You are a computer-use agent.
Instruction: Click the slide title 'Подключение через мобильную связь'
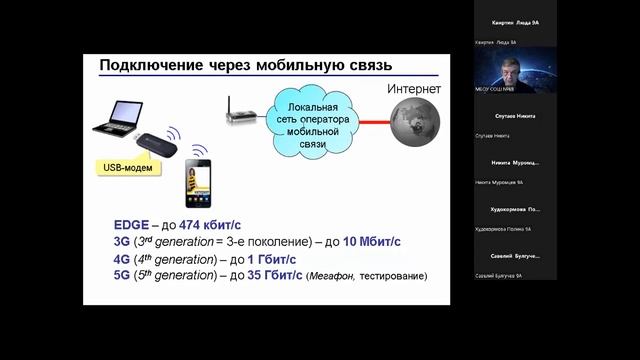[x=245, y=67]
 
